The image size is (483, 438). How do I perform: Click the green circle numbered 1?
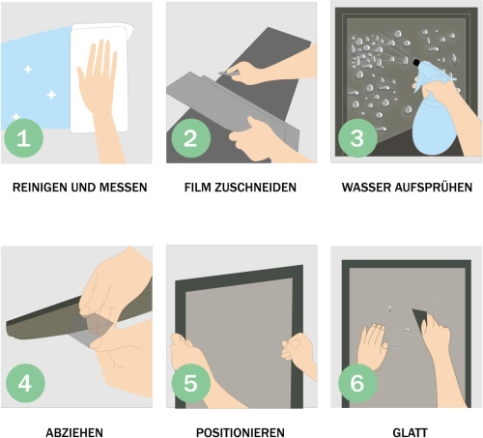[x=23, y=138]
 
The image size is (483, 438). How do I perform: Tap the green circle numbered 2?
[x=190, y=138]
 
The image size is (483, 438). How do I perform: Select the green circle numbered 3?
[x=357, y=138]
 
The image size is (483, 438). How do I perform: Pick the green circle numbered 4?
[x=25, y=383]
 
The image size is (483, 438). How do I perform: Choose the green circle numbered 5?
[x=190, y=383]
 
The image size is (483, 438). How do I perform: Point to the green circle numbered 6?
[x=357, y=383]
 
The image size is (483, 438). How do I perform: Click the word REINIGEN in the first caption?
[x=40, y=188]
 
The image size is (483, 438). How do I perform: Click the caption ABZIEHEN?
[x=74, y=432]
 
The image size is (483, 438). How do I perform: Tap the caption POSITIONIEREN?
[x=241, y=432]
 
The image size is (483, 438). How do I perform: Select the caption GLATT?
[x=410, y=432]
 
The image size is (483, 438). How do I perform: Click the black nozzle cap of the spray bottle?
[x=416, y=62]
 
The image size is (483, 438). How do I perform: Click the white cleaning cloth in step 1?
[x=99, y=77]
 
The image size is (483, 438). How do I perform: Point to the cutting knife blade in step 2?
[x=228, y=73]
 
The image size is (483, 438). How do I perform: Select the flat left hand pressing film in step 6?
[x=372, y=346]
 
